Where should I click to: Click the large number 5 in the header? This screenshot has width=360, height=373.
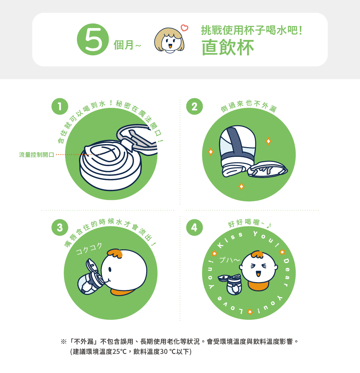tap(93, 40)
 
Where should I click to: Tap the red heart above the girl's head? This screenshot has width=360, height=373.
tap(184, 28)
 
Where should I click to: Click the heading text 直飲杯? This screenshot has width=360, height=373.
tap(228, 47)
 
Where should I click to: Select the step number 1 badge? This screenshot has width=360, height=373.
tap(60, 106)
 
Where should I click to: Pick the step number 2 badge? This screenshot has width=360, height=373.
tap(194, 106)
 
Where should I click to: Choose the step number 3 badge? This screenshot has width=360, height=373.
tap(60, 227)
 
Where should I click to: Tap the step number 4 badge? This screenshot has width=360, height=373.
tap(194, 227)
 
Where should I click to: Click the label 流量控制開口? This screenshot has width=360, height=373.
tap(37, 155)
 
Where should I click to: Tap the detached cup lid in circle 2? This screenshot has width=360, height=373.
tap(267, 169)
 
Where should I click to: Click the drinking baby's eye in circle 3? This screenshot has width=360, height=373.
tap(110, 269)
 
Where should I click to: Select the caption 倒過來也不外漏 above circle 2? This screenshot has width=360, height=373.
tap(248, 106)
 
